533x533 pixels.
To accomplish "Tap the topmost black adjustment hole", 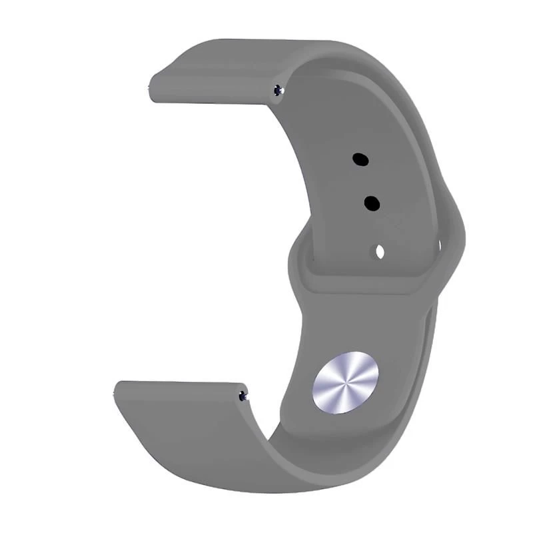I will (360, 159).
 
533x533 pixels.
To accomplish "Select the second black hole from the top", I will (372, 203).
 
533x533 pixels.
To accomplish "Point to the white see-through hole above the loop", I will (380, 252).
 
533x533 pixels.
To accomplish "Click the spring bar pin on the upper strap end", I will (278, 90).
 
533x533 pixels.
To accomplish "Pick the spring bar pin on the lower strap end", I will (243, 396).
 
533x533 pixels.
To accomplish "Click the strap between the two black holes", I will (366, 181).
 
